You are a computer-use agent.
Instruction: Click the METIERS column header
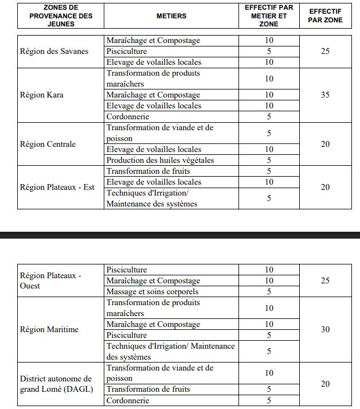pos(171,16)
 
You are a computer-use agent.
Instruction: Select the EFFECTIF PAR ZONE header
pos(325,15)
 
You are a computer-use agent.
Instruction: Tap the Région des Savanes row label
pos(54,51)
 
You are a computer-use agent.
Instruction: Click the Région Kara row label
pos(41,95)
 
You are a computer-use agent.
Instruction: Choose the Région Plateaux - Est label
pos(57,187)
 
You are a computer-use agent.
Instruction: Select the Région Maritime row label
pos(49,329)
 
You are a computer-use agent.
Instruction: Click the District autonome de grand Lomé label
pos(56,384)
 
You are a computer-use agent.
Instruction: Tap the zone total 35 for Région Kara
pos(325,95)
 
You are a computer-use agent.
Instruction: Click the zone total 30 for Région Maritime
pos(325,329)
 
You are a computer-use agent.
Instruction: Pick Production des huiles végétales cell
pos(160,160)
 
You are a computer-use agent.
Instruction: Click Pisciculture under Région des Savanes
pos(127,51)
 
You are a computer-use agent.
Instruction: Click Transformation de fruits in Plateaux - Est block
pos(148,171)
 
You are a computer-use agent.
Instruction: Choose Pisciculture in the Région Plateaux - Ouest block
pos(127,270)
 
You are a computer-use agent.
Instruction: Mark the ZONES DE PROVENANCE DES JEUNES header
pos(61,16)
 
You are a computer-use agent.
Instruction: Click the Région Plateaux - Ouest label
pos(50,281)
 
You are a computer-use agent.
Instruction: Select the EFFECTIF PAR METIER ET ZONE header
pos(269,15)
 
